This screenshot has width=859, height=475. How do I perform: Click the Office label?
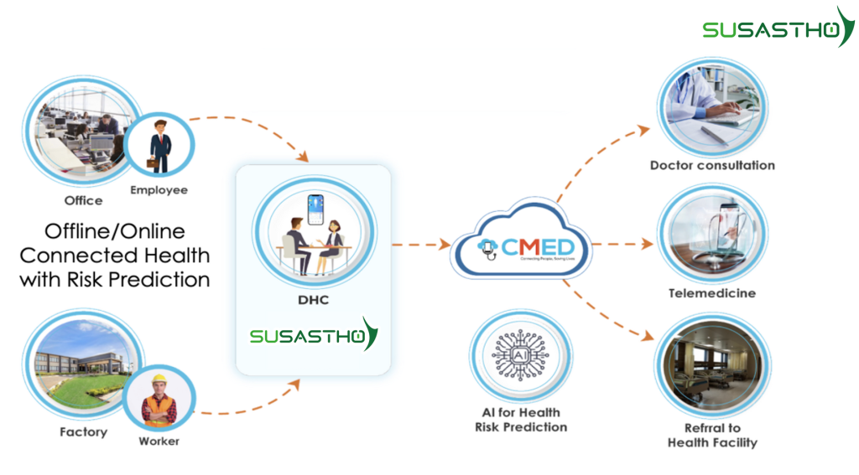pyautogui.click(x=83, y=200)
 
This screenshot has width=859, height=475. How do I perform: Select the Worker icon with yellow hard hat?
pyautogui.click(x=159, y=399)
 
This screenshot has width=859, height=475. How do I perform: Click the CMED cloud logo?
pyautogui.click(x=521, y=246)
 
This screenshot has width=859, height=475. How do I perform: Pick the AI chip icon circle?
pyautogui.click(x=520, y=356)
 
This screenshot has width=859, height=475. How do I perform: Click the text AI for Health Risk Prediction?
pyautogui.click(x=520, y=420)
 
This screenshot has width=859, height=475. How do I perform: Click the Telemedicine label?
pyautogui.click(x=711, y=293)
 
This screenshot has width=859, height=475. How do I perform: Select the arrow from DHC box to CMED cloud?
pyautogui.click(x=421, y=245)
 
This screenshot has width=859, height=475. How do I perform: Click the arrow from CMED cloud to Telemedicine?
pyautogui.click(x=622, y=245)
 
